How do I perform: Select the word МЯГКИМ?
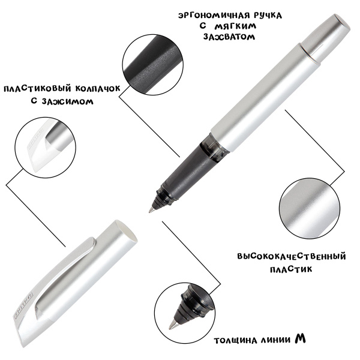tap(235, 26)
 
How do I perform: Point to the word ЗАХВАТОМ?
tap(229, 37)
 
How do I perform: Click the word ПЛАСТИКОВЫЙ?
tap(37, 89)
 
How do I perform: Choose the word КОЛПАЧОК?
tap(98, 89)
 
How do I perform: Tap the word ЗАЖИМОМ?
tap(67, 101)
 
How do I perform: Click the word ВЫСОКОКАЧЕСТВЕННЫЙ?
tap(292, 256)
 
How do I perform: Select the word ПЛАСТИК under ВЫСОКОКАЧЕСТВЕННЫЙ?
tap(291, 269)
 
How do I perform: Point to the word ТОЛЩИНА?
tap(235, 341)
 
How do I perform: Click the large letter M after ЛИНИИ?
tap(301, 338)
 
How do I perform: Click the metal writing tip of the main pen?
tap(151, 209)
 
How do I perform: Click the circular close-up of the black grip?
tap(153, 65)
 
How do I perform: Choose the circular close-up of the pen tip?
tap(185, 313)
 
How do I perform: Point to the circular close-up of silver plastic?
tap(310, 209)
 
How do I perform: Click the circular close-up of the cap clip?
tap(45, 148)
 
